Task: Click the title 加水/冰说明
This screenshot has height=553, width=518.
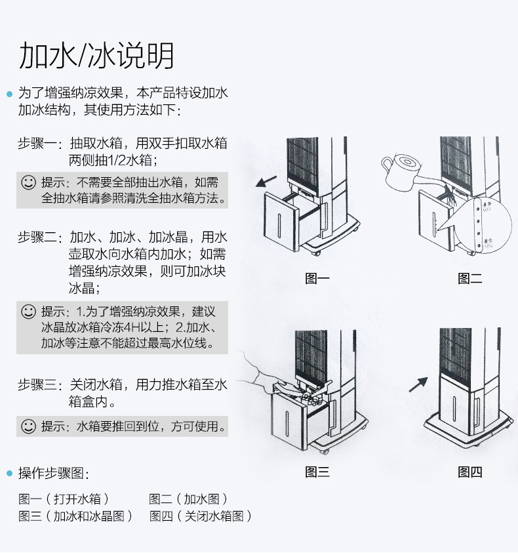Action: coord(96,56)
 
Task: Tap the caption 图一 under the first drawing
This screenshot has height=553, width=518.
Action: coord(317,279)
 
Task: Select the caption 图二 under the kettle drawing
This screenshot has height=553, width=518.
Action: coord(469,279)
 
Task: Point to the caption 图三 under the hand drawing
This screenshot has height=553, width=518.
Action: coord(317,472)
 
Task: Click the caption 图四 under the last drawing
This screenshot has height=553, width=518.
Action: coord(469,472)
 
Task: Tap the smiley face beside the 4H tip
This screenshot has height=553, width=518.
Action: coord(28,310)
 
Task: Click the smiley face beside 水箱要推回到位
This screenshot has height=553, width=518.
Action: coord(28,426)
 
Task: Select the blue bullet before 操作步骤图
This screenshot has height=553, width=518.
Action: coord(9,473)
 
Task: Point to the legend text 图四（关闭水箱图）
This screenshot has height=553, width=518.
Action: coord(201,516)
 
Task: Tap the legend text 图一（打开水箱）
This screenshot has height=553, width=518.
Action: coord(64,499)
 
